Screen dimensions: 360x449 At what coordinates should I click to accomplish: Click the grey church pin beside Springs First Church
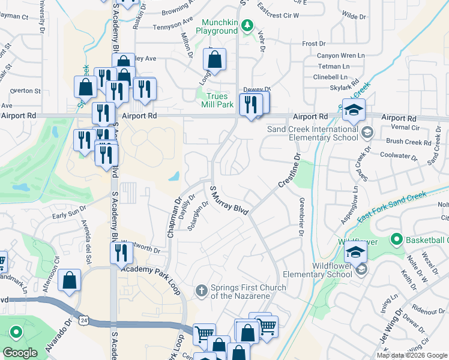click(x=202, y=292)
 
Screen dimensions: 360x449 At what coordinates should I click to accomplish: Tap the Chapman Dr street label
click(x=174, y=218)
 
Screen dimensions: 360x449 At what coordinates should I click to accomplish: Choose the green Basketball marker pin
click(x=396, y=240)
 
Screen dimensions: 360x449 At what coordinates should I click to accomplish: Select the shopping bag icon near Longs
click(x=214, y=59)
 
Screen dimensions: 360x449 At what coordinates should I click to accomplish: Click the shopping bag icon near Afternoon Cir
click(x=70, y=280)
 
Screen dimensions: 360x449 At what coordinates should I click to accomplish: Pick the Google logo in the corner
click(x=19, y=353)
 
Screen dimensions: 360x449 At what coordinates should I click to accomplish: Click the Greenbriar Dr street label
click(x=300, y=216)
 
